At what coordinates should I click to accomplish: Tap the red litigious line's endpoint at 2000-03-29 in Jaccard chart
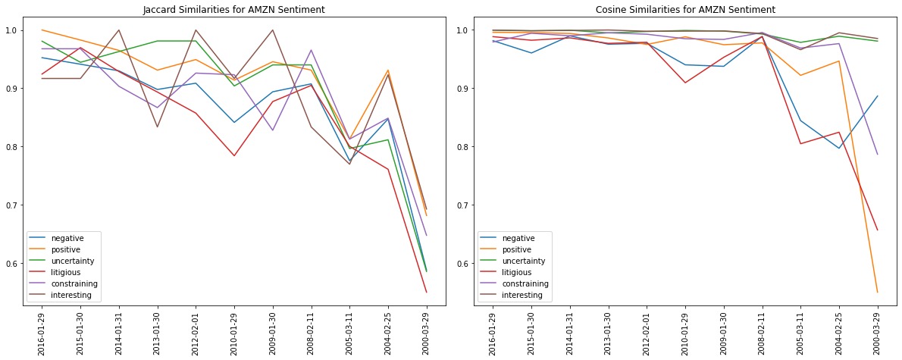pos(426,292)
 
